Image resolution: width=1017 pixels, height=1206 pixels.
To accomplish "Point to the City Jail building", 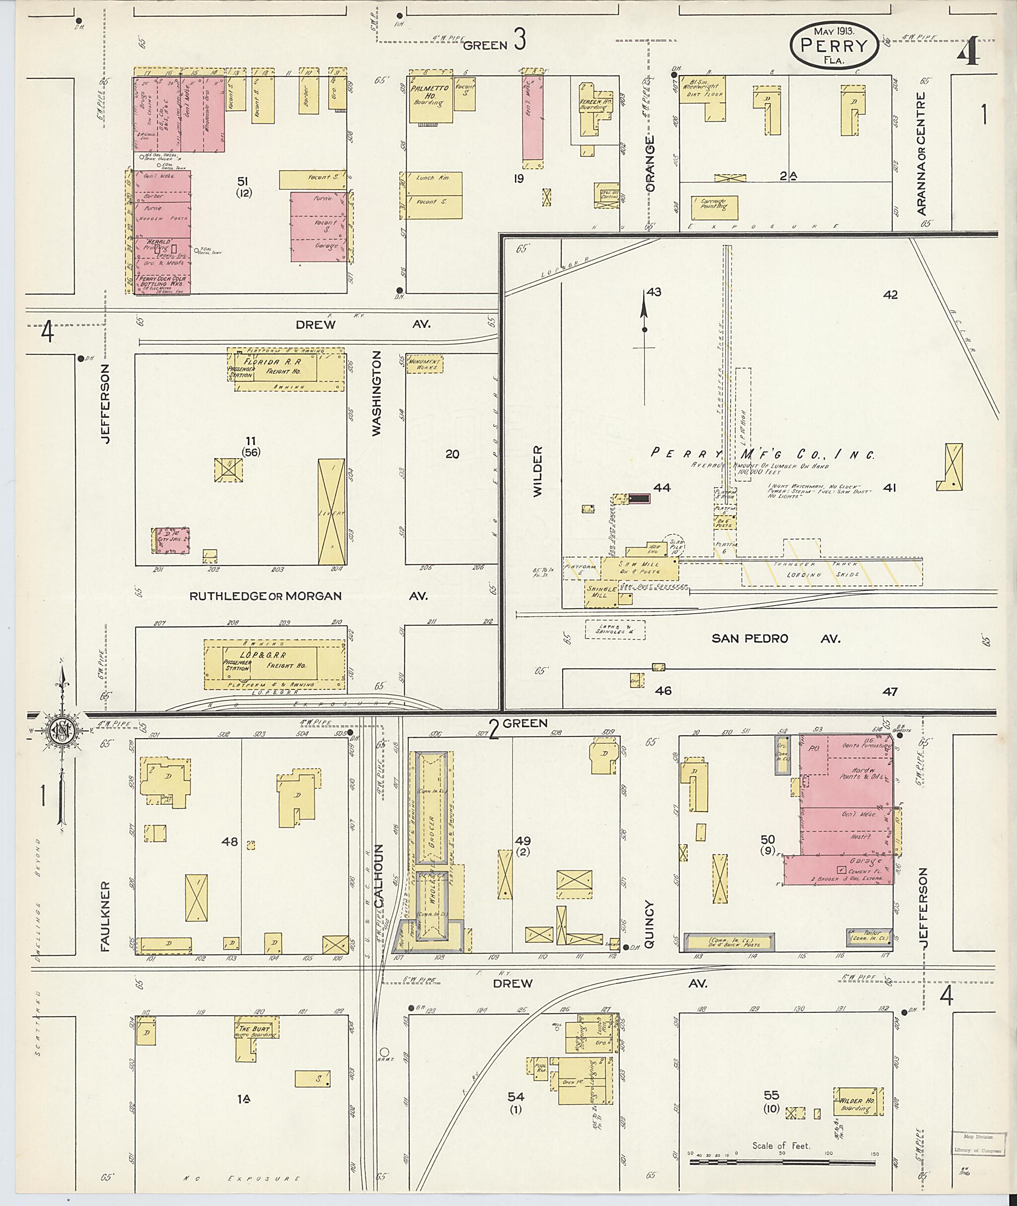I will (172, 541).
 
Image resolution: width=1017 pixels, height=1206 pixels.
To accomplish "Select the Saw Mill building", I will (640, 568).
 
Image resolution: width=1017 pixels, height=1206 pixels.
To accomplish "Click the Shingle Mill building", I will (600, 595).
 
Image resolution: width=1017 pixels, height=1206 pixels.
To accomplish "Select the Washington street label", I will (377, 394).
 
